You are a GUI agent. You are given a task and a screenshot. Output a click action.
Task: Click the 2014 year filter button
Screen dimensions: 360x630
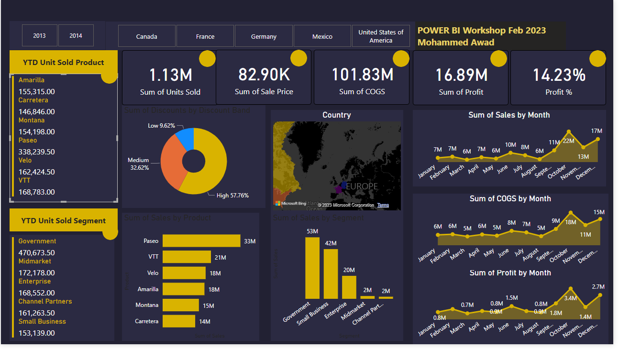(x=76, y=36)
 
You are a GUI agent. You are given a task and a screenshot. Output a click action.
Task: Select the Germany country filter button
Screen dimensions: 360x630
(x=264, y=36)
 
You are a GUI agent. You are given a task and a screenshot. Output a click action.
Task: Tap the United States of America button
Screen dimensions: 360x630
(x=381, y=36)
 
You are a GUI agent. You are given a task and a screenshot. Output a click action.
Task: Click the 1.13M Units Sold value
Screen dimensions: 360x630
(x=170, y=75)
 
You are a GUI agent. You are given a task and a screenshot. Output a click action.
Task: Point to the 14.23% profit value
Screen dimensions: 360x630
(x=559, y=75)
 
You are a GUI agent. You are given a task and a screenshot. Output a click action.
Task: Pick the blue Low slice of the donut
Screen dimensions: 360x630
(x=186, y=138)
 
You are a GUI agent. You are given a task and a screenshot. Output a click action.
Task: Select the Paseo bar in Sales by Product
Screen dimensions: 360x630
(x=201, y=241)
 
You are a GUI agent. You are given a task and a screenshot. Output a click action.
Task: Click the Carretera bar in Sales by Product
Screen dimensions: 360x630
(x=178, y=321)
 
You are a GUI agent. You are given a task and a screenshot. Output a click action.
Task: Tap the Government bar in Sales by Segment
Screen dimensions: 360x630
(x=312, y=268)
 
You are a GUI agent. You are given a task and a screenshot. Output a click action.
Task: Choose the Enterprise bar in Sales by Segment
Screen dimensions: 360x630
(x=349, y=287)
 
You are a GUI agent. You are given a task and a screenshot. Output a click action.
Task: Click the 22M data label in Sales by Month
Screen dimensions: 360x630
(x=569, y=141)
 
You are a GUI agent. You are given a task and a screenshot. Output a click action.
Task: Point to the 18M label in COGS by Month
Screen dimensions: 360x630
(x=570, y=222)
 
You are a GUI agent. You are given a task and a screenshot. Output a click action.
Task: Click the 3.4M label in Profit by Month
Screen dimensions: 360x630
(x=570, y=298)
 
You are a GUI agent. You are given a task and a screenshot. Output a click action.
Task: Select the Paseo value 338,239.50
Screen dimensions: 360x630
(x=37, y=152)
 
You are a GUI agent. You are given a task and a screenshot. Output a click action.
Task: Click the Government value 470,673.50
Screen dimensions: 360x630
(x=37, y=253)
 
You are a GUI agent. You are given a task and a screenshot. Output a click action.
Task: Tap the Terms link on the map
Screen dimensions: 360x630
(x=383, y=205)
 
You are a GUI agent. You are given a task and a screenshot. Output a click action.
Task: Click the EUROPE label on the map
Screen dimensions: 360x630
(x=362, y=186)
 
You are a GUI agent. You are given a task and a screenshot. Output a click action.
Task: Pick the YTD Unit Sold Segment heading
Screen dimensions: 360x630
(x=63, y=221)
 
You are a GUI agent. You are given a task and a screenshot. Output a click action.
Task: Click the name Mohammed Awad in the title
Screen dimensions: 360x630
(x=455, y=42)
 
